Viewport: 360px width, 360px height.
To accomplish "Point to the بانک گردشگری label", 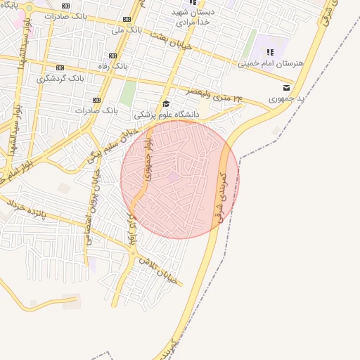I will tap(60, 78).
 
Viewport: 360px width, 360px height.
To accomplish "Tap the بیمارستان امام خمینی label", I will tap(270, 63).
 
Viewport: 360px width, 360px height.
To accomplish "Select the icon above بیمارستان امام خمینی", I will tap(271, 51).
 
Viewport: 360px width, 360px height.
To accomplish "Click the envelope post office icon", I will tap(285, 88).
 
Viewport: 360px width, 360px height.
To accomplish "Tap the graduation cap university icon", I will tap(167, 103).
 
